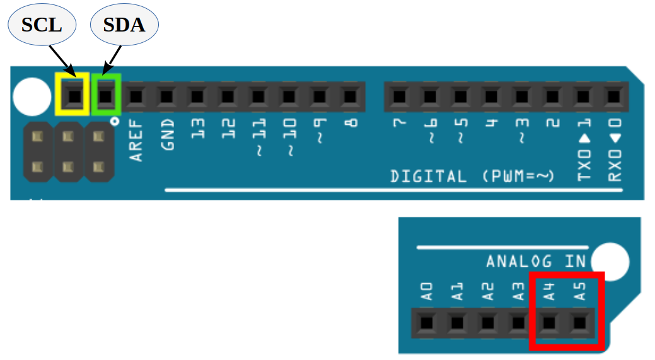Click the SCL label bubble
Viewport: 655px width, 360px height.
tap(42, 25)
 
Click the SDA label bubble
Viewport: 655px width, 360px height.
tap(124, 25)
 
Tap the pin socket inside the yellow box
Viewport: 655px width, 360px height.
tap(74, 95)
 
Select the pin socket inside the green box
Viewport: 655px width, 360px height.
tap(106, 96)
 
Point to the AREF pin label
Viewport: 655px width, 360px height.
tap(136, 142)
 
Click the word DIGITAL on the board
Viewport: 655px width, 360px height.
tap(429, 176)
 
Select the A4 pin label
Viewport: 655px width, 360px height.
tap(549, 291)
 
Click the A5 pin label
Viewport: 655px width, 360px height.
tap(580, 291)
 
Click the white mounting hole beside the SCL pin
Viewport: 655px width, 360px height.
tap(32, 96)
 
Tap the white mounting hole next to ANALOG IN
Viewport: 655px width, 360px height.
tap(610, 260)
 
